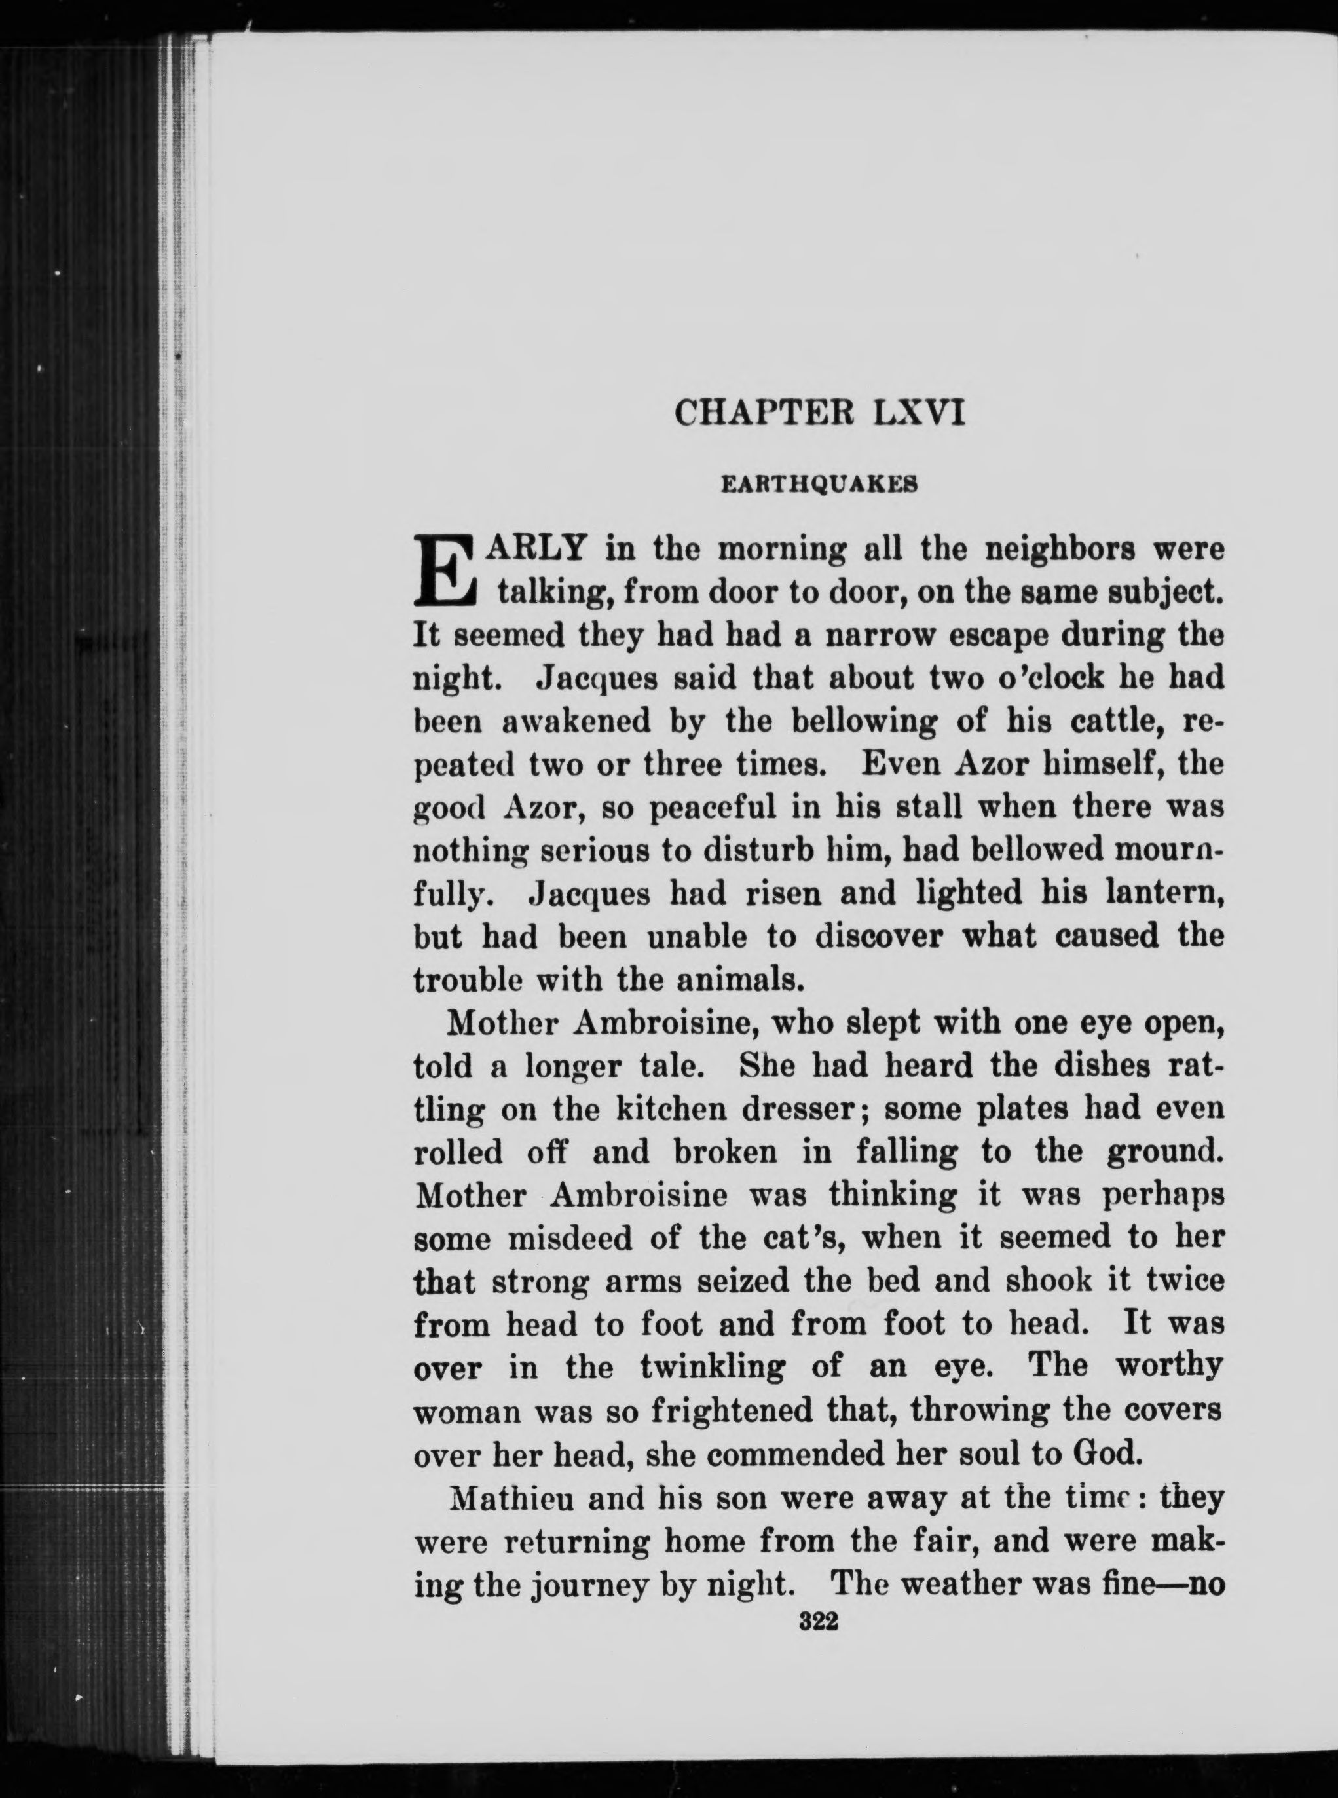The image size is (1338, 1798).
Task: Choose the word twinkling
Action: (x=712, y=1368)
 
